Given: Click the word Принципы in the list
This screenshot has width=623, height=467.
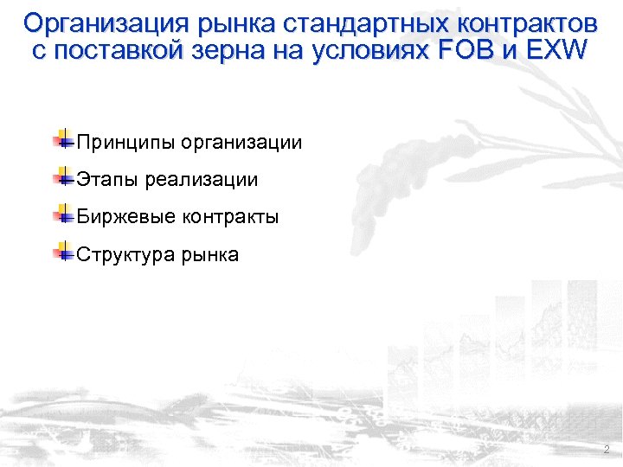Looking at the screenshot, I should coord(125,143).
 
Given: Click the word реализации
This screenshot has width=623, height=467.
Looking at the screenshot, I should coord(202,180).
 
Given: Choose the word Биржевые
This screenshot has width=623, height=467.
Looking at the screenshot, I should coord(126,217).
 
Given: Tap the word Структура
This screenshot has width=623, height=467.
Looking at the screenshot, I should coord(126,255).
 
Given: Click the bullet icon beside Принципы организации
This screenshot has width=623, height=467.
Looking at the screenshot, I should coord(62,140).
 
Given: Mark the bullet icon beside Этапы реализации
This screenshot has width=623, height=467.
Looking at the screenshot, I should coord(62,177).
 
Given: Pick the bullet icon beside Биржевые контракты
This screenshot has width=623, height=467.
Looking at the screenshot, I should coord(62,214).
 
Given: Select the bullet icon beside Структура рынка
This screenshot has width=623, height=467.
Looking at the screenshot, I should coord(62,252).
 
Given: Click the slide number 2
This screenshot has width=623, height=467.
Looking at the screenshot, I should coord(606,450).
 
